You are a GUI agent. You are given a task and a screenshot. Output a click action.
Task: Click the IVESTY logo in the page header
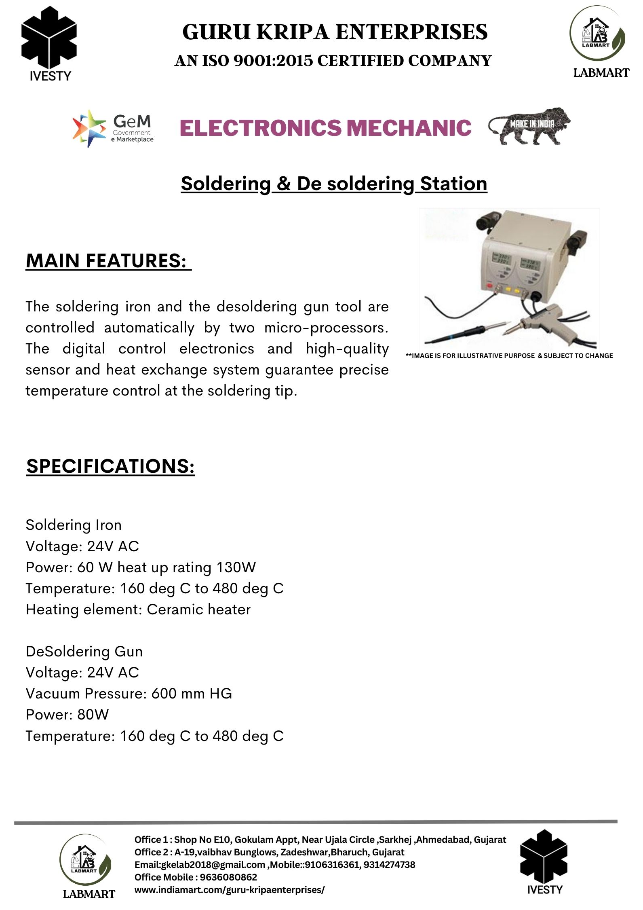click(x=49, y=44)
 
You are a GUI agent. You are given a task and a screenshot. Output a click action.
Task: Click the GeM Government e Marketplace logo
click(x=113, y=128)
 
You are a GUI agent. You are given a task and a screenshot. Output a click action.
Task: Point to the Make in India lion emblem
click(x=529, y=126)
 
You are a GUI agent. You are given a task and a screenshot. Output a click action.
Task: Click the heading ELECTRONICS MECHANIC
click(x=325, y=128)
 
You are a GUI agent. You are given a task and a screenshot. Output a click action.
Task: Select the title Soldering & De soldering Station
click(x=334, y=184)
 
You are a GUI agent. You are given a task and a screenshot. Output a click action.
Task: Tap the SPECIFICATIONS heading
click(x=110, y=466)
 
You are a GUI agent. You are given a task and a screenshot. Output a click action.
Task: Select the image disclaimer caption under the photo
click(x=509, y=356)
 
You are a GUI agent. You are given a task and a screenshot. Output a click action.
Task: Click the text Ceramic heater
click(x=198, y=609)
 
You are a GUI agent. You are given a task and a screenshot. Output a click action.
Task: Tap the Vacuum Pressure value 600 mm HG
click(x=192, y=694)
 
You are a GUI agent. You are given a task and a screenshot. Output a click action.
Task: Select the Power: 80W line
click(x=67, y=715)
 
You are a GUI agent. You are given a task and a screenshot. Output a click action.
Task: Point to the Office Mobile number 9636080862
click(x=228, y=877)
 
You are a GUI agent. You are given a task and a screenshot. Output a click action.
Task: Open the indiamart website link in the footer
click(x=229, y=889)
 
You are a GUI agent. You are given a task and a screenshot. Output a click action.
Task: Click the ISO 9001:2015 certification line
click(x=333, y=61)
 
